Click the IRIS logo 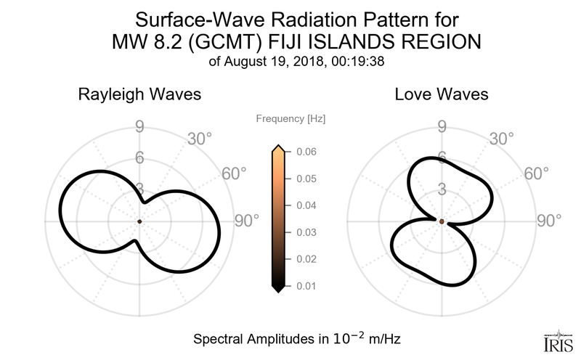click(555, 340)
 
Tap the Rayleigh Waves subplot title click(139, 94)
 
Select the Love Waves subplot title click(442, 94)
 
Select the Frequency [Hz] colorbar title click(291, 118)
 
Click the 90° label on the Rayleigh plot click(247, 221)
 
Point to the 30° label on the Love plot click(501, 138)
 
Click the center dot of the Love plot click(442, 220)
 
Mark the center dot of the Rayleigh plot click(139, 221)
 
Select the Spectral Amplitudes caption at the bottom click(298, 338)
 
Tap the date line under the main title click(291, 62)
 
